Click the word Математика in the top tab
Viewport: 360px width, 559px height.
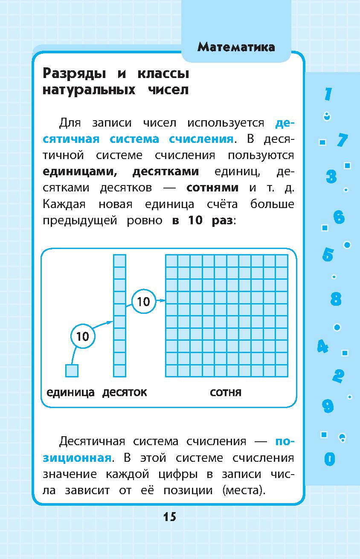236,47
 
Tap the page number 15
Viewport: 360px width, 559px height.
169,517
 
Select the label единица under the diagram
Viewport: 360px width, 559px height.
70,392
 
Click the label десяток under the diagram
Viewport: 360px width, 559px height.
125,392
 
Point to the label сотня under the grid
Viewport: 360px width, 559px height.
226,392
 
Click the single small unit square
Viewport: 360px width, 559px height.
72,371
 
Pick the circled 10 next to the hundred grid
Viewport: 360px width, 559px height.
144,301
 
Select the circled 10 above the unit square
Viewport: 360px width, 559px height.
82,336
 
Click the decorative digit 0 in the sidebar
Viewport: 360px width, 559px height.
329,459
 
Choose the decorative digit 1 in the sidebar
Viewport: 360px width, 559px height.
328,94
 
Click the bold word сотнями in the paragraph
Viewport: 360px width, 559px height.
212,188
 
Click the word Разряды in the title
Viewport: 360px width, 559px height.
75,74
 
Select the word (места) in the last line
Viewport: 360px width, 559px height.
244,490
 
